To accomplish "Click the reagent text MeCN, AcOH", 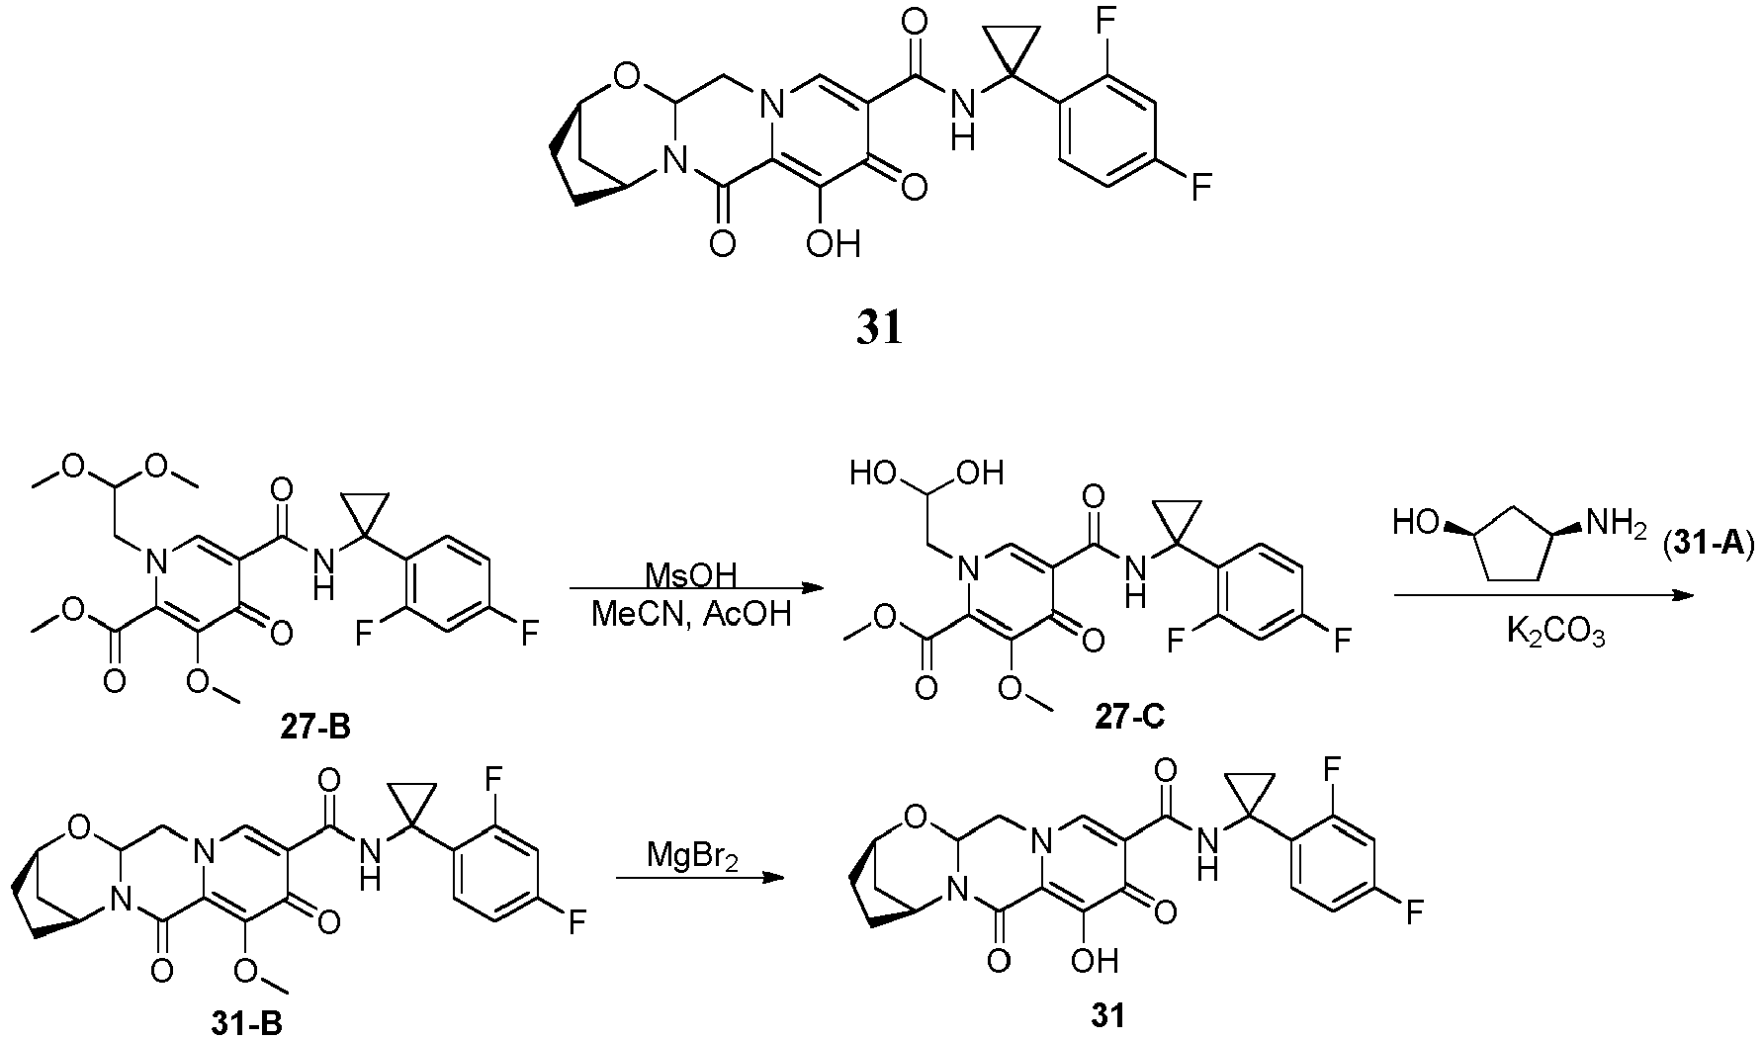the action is (x=691, y=615).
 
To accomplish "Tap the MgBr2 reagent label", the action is (x=689, y=853).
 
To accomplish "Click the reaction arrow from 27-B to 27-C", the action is (x=697, y=590).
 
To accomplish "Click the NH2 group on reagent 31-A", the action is (x=1615, y=521).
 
